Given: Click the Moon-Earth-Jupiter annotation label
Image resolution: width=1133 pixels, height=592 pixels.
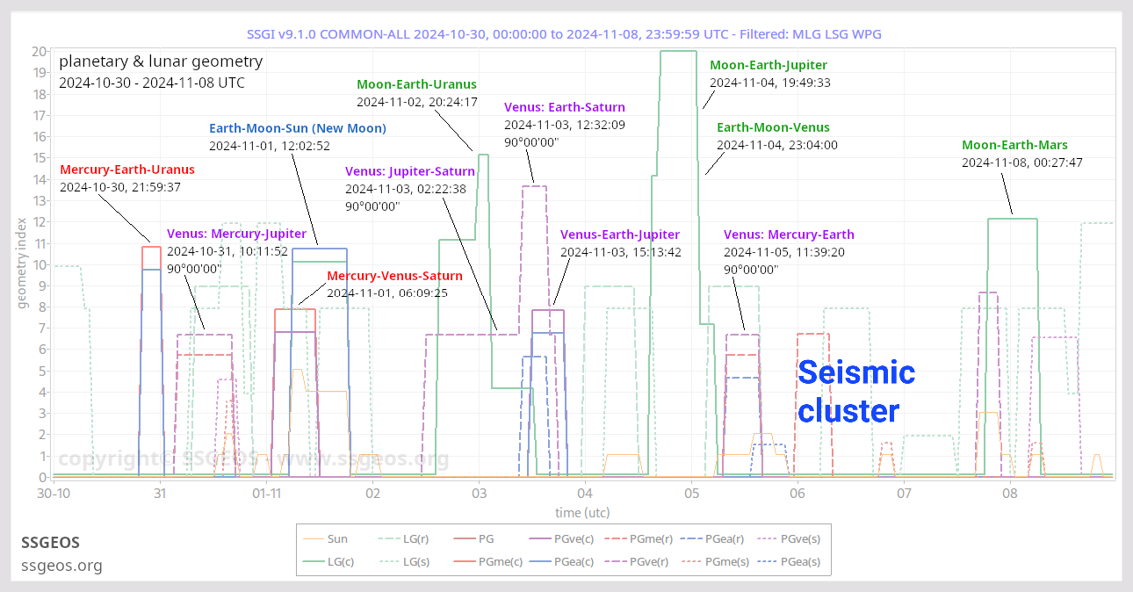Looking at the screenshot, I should point(768,65).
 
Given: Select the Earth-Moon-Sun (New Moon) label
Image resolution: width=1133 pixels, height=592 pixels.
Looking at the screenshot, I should point(297,128).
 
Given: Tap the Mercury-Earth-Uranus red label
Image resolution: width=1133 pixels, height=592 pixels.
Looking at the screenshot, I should point(127,170).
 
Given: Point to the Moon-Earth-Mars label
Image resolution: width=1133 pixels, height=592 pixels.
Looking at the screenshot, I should point(1014,145).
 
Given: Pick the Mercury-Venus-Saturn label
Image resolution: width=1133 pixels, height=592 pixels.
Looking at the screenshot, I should point(394,276).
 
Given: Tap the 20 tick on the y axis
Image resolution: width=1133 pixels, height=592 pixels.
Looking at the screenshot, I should point(39,51).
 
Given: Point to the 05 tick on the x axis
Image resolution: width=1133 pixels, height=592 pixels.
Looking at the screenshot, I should point(691,493).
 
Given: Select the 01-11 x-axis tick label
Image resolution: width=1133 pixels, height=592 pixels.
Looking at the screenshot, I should point(266,493).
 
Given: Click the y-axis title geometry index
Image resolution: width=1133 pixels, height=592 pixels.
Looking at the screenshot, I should point(23,264).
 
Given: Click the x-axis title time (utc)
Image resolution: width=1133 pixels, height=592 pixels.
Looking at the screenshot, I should point(582,512).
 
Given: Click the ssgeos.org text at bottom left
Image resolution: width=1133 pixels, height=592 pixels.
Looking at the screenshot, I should point(61,565).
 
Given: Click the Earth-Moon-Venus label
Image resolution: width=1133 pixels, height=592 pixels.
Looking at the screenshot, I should point(773,127).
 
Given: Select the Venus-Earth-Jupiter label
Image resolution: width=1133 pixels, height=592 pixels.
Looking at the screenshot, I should point(619,235).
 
